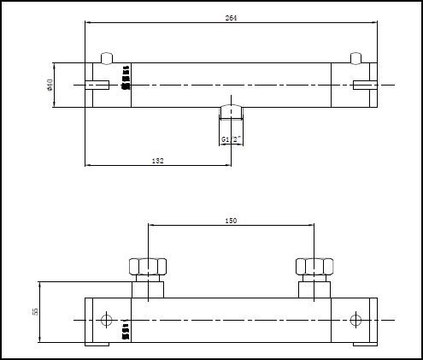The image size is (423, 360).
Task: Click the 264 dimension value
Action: (231, 18)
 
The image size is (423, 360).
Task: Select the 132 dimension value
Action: (157, 160)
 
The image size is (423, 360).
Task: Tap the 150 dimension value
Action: (231, 221)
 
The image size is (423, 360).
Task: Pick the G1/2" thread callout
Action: (231, 139)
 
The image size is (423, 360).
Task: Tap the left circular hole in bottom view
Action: (106, 320)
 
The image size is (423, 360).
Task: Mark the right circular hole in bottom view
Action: (356, 320)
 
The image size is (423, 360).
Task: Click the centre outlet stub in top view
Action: (231, 113)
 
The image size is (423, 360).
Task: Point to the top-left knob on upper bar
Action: (106, 57)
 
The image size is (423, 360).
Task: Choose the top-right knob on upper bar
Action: (357, 57)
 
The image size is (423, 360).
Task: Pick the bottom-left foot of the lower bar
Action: (97, 345)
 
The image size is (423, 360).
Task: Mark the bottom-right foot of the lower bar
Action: (365, 345)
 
